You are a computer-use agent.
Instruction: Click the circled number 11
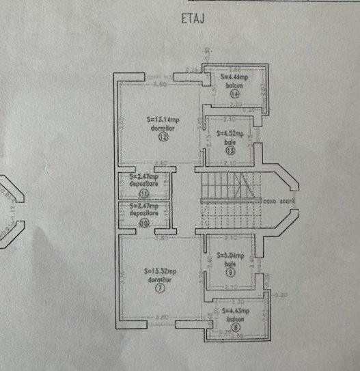(x=144, y=193)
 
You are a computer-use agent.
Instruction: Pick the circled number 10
(x=144, y=221)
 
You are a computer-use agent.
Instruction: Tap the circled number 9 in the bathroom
(x=230, y=271)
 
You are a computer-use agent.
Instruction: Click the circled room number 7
(x=161, y=288)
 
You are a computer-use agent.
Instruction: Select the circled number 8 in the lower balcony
(x=236, y=327)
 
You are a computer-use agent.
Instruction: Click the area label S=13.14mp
(x=163, y=119)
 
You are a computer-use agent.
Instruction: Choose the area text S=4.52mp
(x=230, y=134)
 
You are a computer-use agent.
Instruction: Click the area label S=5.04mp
(x=231, y=256)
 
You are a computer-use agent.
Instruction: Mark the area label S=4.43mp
(x=237, y=311)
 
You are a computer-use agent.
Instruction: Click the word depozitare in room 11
(x=144, y=185)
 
